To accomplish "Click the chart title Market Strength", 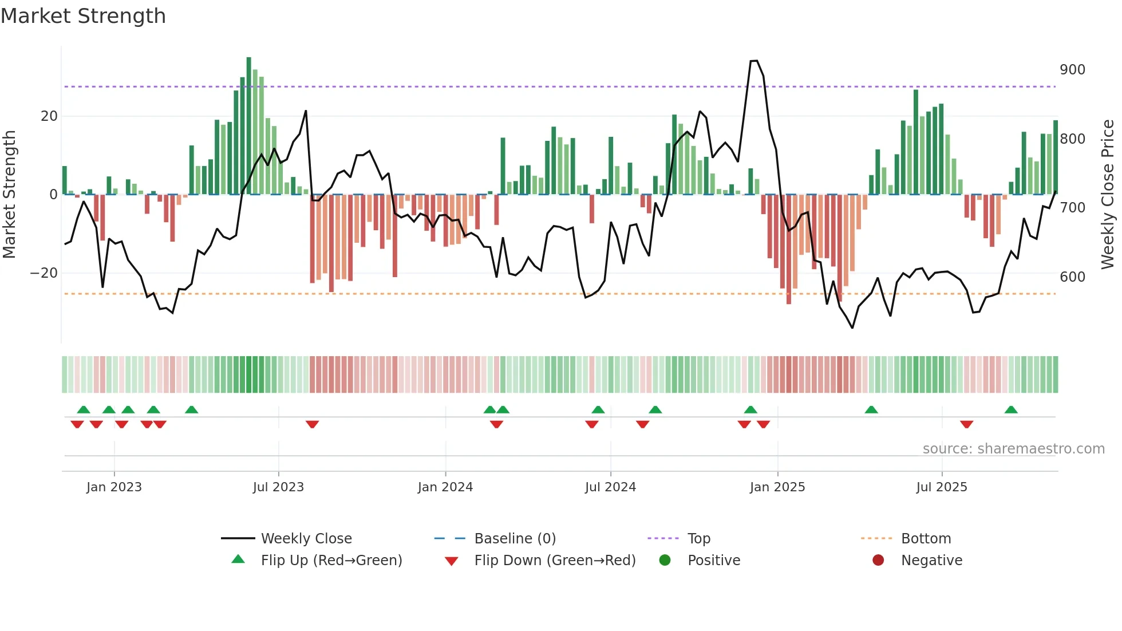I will (x=83, y=16).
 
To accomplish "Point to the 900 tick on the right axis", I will (x=1072, y=70).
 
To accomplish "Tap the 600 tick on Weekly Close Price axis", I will (x=1072, y=277).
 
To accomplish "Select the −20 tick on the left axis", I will (x=44, y=273).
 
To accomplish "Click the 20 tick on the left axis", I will (x=49, y=116).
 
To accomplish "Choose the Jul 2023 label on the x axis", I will (x=278, y=487).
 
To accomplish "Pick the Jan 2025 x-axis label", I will (x=777, y=487).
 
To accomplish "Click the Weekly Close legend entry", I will (x=306, y=539).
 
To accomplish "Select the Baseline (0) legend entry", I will (x=515, y=539).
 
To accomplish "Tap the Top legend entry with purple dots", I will (x=698, y=539).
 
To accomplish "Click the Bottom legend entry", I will (x=926, y=539).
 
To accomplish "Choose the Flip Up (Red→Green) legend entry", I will (x=331, y=561).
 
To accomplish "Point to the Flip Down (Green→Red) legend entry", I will (x=554, y=561).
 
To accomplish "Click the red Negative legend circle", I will (x=878, y=561).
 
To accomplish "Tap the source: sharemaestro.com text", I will (x=1013, y=449).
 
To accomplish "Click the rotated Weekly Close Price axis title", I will (x=1108, y=195).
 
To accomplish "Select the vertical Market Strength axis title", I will (x=9, y=195).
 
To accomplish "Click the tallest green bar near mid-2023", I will (x=249, y=126).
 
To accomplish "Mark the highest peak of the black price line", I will (x=754, y=61).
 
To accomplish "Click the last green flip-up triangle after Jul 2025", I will (x=1011, y=410).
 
